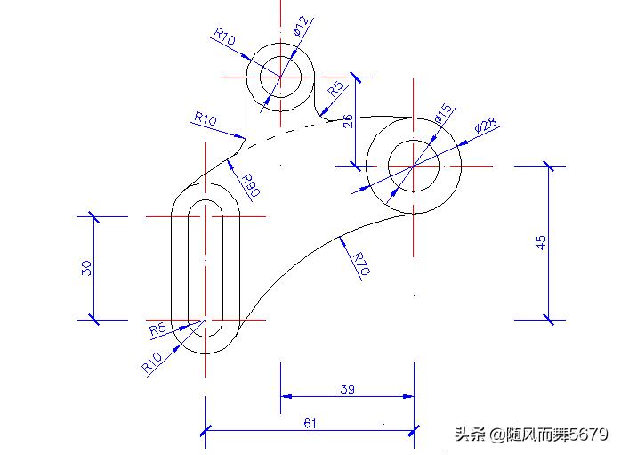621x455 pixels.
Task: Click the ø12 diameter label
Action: [x=302, y=27]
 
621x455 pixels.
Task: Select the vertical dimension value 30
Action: [x=87, y=268]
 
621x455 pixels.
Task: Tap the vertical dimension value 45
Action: [x=542, y=243]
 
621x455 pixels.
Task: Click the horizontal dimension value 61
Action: [x=310, y=423]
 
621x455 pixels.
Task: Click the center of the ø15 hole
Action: [x=414, y=166]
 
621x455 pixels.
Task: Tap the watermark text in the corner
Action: [x=531, y=435]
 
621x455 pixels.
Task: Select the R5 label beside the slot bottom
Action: [x=157, y=329]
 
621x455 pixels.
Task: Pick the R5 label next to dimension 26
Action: [x=335, y=88]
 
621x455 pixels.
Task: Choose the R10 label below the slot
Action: [x=151, y=363]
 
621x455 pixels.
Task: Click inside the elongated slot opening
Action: [x=206, y=267]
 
